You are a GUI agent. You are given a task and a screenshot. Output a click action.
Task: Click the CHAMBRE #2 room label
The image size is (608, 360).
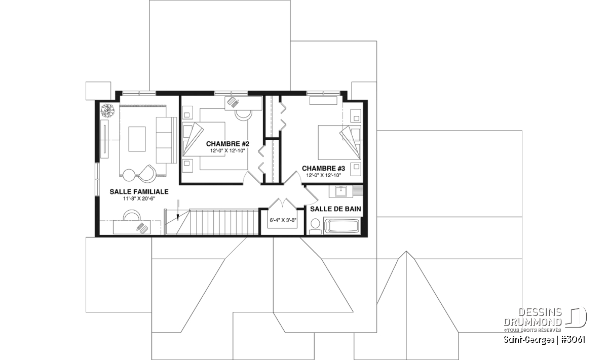227,144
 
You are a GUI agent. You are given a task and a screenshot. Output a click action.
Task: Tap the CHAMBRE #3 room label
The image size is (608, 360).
324,169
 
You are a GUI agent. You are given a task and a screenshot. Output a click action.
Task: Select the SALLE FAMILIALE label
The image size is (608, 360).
139,192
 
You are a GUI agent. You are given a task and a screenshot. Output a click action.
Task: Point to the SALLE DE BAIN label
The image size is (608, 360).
335,209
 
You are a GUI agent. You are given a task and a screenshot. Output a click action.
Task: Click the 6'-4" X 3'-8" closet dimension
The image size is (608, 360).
283,220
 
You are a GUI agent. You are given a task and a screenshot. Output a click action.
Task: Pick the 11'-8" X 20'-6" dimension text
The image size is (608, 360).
139,199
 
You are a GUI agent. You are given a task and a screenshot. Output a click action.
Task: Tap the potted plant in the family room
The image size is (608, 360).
108,110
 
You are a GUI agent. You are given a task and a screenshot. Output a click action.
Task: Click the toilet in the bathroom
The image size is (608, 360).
315,226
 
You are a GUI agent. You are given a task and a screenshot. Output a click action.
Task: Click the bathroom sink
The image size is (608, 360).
340,191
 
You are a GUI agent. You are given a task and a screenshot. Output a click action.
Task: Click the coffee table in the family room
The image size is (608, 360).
137,139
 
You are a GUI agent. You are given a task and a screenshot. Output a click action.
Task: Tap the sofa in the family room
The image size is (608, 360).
166,140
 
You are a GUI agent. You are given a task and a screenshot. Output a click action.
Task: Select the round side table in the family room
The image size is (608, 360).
129,175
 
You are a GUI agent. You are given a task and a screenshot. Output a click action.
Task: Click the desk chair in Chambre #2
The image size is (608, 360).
244,115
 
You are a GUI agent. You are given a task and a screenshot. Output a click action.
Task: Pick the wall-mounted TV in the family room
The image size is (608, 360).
105,139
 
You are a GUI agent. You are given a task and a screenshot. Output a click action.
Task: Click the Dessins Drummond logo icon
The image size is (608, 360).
576,317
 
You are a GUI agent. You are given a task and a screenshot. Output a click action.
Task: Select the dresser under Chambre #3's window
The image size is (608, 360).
323,101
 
